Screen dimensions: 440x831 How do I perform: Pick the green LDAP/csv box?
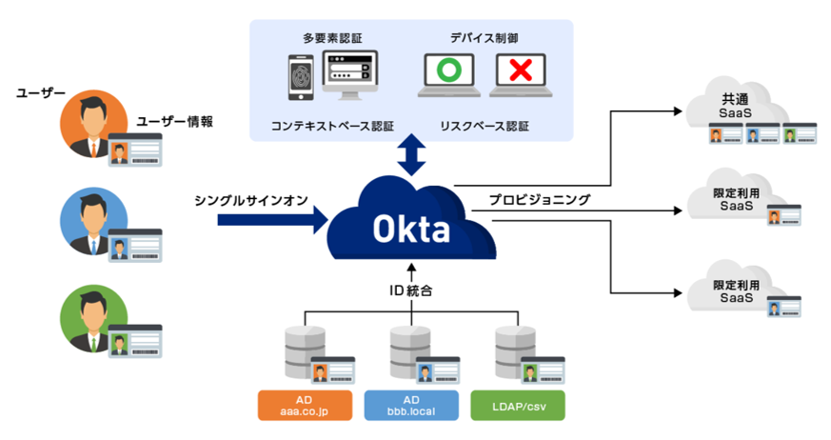click(517, 405)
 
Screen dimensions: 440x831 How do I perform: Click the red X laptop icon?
click(519, 75)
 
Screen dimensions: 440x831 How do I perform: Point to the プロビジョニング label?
click(539, 200)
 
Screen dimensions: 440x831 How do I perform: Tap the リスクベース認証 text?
click(484, 125)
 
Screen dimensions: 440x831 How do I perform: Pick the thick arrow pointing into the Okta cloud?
click(271, 221)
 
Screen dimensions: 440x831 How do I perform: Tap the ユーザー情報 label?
click(174, 121)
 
